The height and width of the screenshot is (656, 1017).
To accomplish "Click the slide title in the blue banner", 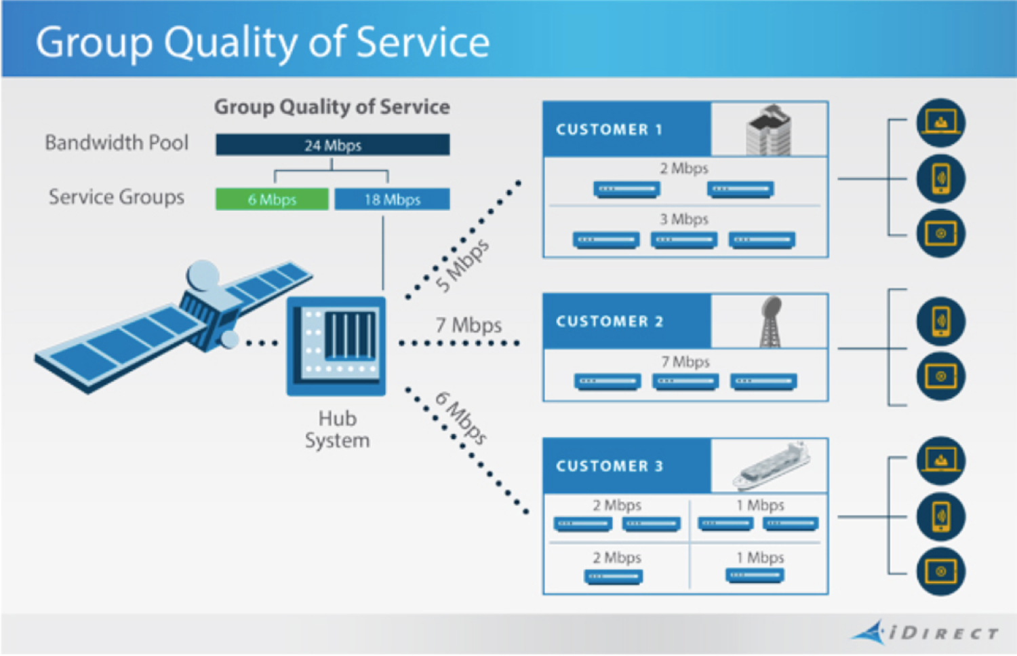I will click(x=262, y=42).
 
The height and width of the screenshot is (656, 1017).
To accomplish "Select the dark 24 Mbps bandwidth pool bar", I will click(x=332, y=144).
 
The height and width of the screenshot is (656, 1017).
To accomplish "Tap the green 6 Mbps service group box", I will click(x=272, y=199).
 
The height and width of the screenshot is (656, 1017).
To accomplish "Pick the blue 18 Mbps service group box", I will click(x=392, y=199).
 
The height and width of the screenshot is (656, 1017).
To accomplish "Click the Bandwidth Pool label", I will click(x=117, y=142).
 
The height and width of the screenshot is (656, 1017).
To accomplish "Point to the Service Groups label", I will click(x=116, y=197).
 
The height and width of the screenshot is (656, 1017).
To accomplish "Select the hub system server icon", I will click(x=336, y=345).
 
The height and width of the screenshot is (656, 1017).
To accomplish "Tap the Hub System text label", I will click(x=337, y=429).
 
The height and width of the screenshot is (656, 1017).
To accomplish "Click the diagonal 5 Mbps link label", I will click(x=462, y=265).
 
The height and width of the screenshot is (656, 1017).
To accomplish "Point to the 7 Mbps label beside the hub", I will click(x=468, y=325).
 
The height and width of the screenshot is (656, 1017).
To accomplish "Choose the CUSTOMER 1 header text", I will click(x=609, y=130).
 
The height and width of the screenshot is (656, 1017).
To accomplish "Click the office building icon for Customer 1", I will click(x=769, y=130).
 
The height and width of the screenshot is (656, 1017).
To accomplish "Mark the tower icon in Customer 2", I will click(x=770, y=322).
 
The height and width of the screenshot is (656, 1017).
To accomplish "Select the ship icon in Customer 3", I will click(x=772, y=465).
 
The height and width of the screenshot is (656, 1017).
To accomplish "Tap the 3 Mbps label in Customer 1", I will click(x=683, y=219).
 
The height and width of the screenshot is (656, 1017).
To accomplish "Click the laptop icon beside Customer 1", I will click(x=940, y=123).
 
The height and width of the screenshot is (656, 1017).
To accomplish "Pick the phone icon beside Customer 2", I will click(x=940, y=321).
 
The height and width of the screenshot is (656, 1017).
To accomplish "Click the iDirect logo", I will click(x=926, y=632).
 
